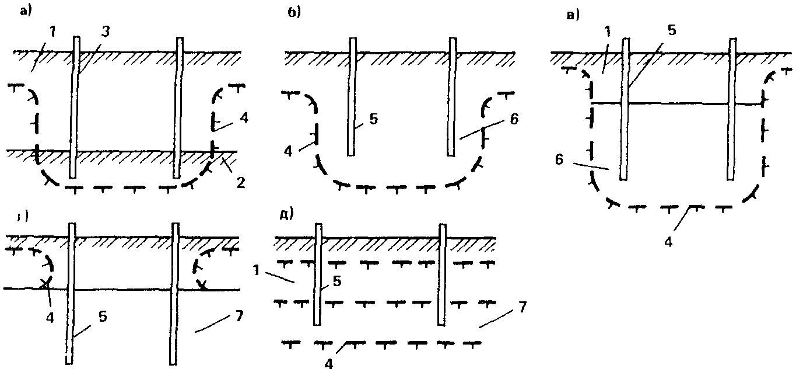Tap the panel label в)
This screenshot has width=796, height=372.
point(573,15)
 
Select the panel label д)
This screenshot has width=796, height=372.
point(286,214)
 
